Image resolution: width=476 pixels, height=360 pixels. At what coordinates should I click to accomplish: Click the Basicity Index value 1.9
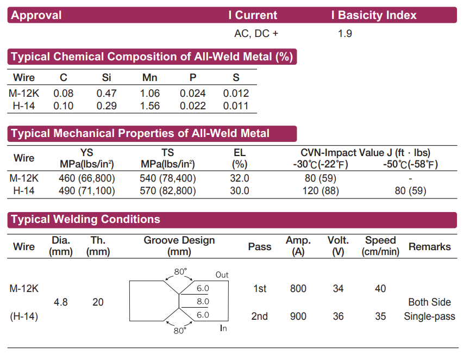(x=345, y=34)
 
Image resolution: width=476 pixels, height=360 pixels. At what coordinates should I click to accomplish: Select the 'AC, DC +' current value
(x=256, y=34)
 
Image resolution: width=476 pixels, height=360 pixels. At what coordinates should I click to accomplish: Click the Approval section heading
(x=36, y=15)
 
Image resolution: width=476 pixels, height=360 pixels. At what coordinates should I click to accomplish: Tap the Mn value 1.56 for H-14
(x=150, y=106)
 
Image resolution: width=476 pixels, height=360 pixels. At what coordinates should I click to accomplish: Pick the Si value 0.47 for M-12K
(x=107, y=94)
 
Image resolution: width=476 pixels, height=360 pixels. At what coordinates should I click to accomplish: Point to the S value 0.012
(x=236, y=94)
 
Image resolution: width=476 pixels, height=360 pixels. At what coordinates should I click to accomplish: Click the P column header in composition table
(x=193, y=78)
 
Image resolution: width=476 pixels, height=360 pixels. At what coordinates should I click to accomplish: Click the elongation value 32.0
(x=240, y=178)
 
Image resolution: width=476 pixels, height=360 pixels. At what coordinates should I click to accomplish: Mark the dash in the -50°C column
(x=410, y=178)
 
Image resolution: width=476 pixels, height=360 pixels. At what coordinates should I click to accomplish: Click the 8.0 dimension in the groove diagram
(x=203, y=301)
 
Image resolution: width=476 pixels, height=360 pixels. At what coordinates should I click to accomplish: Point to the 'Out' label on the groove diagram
(x=222, y=275)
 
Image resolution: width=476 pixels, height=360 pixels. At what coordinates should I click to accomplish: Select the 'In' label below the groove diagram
(x=223, y=328)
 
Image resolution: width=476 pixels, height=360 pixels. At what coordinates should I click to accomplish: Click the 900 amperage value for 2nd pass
(x=298, y=316)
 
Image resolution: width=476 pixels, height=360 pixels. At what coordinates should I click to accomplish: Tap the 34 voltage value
(x=338, y=289)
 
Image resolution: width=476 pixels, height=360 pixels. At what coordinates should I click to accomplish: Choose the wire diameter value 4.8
(x=61, y=302)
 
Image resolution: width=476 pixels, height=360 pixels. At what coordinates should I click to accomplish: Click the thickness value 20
(x=98, y=302)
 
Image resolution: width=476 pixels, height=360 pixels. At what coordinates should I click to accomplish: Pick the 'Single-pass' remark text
(x=429, y=316)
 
